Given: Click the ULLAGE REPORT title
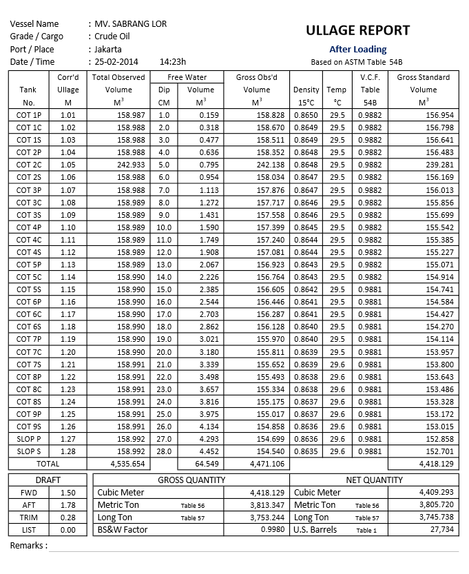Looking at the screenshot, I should point(357,30).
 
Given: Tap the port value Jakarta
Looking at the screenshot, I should point(108,49).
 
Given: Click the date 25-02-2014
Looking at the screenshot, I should point(118,61).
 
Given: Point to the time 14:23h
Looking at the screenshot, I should point(172,61).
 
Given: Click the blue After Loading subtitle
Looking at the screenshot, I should point(357,49).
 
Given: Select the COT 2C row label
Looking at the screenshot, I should point(28,165).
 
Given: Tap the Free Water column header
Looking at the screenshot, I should point(187,77).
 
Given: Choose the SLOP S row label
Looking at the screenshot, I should point(28,451).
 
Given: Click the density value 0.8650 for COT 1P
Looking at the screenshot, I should point(306,115).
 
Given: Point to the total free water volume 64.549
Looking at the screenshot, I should point(201,464).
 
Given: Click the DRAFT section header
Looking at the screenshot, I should point(48,480).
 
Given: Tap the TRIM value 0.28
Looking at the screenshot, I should point(67,517).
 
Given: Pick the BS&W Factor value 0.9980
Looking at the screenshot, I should point(272,530).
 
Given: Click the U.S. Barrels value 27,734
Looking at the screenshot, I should point(441,530).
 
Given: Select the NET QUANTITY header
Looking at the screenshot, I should point(374,480).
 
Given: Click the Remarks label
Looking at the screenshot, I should point(29,546).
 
